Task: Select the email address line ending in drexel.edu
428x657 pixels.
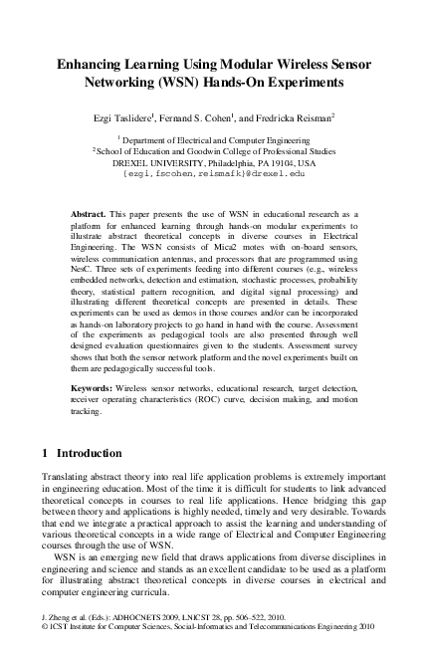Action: pyautogui.click(x=214, y=171)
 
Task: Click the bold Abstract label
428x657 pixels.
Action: pyautogui.click(x=90, y=214)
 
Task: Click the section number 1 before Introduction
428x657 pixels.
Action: pyautogui.click(x=45, y=452)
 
